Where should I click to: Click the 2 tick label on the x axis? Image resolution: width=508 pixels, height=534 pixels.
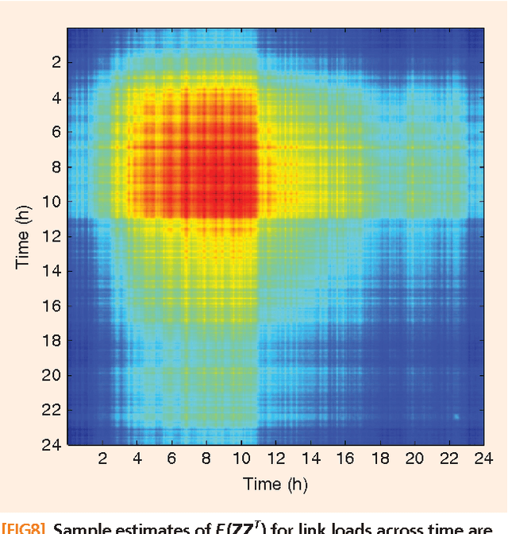click(102, 458)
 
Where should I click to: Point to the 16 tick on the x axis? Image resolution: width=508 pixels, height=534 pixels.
click(344, 458)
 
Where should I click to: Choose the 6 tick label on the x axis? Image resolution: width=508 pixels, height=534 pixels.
click(171, 458)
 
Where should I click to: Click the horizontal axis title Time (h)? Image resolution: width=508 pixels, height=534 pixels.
click(274, 483)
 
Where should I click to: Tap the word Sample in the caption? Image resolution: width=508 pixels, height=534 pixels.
click(86, 527)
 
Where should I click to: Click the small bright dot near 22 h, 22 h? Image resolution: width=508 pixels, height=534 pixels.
click(456, 416)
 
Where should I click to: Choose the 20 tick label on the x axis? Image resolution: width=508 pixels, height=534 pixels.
click(414, 458)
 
